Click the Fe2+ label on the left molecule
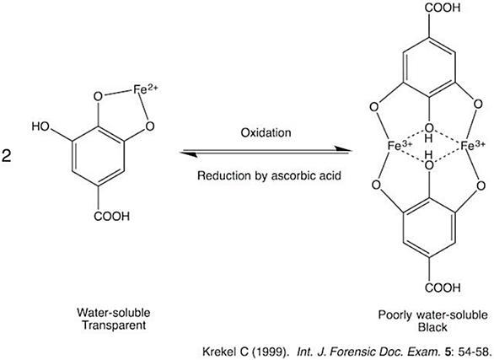(145, 89)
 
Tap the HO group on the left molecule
(40, 126)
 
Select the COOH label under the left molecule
(112, 217)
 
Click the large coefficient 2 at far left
(6, 156)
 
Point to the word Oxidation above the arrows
(266, 132)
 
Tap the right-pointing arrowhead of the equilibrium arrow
(343, 149)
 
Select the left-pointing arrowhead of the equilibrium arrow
(188, 154)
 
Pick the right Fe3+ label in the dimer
(473, 146)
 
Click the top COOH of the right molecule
(443, 8)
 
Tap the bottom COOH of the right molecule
(443, 287)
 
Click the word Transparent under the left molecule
(114, 325)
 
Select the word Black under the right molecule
(432, 327)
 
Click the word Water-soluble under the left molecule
(114, 313)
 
